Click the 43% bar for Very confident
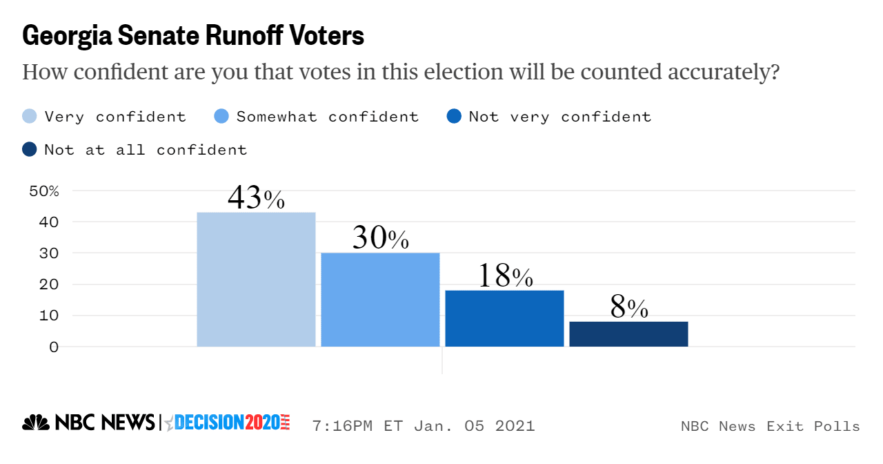(x=256, y=279)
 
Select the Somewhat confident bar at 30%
(x=380, y=300)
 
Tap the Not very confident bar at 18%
(x=504, y=318)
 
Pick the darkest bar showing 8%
(x=628, y=334)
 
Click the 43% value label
(x=256, y=198)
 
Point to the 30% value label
(x=380, y=238)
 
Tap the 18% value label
(x=505, y=276)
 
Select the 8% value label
(x=629, y=308)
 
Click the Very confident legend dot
(x=30, y=117)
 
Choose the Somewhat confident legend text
(x=328, y=117)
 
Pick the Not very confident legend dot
(x=454, y=117)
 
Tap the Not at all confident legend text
(x=146, y=149)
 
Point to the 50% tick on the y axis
(x=44, y=191)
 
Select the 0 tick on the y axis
(x=54, y=347)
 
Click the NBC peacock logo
(x=36, y=423)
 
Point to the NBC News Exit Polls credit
(x=770, y=426)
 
